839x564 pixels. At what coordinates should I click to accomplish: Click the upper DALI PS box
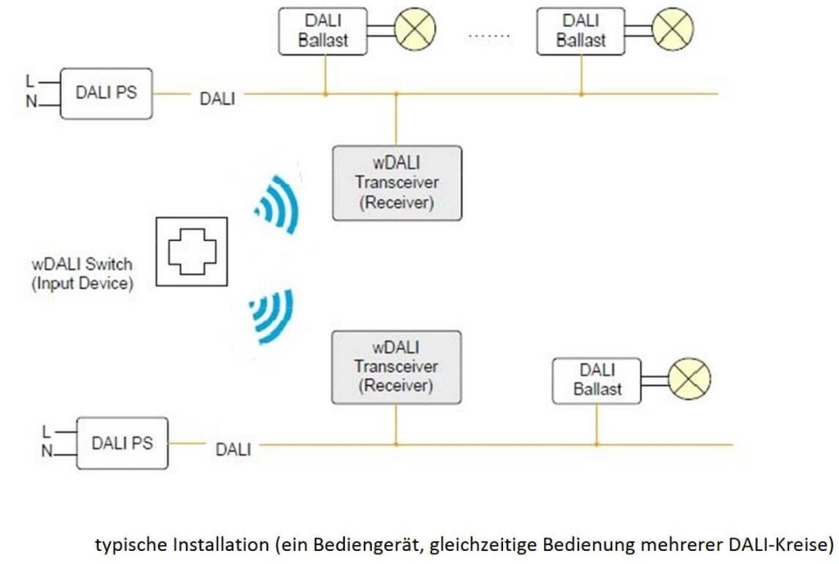coord(107,93)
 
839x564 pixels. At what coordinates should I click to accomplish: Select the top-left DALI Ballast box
coord(325,32)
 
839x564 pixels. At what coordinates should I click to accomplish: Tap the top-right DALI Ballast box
coord(581,32)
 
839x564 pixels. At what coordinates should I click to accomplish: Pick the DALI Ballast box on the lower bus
coord(596,380)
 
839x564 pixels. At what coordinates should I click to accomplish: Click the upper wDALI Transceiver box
coord(397,183)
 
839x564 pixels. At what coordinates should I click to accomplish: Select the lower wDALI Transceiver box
coord(397,366)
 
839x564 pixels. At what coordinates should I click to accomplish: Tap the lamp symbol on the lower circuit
coord(689,380)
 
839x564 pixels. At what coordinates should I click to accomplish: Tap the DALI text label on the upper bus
coord(217,99)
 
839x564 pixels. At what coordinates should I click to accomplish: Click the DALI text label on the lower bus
coord(234,449)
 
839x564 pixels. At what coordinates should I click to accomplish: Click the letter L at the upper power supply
coord(30,81)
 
